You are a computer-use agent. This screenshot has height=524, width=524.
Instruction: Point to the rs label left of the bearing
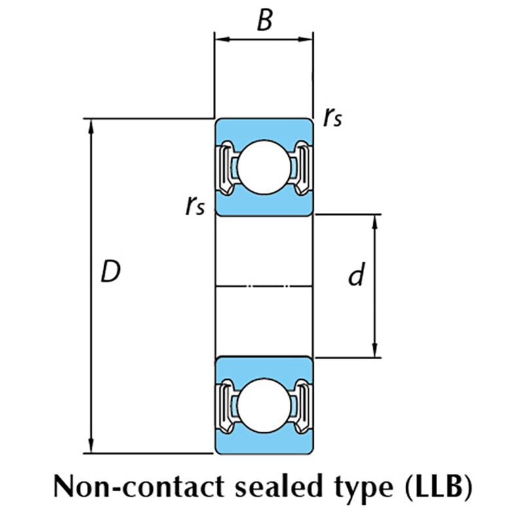[195, 206]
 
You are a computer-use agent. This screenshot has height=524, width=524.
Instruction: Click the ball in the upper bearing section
[263, 166]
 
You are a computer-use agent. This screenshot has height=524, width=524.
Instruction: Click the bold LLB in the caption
[439, 487]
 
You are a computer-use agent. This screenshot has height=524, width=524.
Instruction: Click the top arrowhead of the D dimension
[91, 124]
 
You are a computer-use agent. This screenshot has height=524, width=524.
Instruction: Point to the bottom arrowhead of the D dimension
[91, 447]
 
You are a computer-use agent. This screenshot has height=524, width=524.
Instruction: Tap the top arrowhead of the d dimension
[375, 220]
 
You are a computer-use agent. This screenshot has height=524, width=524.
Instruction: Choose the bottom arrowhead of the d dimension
[375, 352]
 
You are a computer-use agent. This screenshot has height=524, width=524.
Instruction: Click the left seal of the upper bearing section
[225, 167]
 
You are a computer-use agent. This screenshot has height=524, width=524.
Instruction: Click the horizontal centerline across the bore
[264, 286]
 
